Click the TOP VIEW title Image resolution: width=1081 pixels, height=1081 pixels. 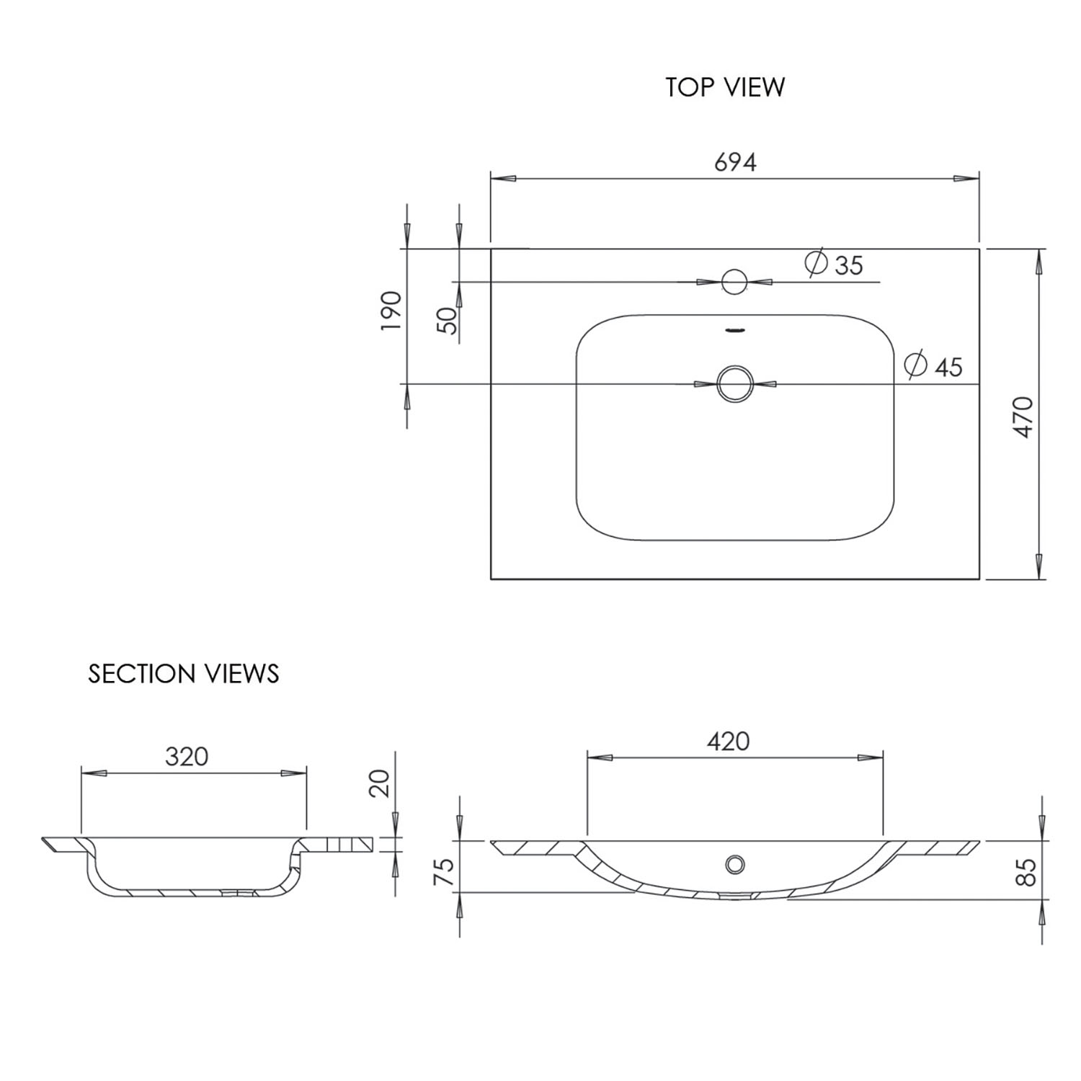[x=725, y=86]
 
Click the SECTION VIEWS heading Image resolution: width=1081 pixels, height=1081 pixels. [x=184, y=673]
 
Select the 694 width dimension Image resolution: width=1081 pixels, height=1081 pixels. [x=735, y=163]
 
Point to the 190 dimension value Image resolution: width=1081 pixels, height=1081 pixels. [x=391, y=311]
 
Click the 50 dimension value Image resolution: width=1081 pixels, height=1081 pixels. [x=448, y=320]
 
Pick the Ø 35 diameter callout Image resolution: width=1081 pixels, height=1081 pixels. [x=834, y=264]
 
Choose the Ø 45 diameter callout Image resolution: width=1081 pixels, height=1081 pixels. [x=934, y=365]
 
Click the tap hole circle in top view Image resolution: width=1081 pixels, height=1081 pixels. [x=734, y=282]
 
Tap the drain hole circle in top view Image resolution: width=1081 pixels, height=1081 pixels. [x=734, y=383]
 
